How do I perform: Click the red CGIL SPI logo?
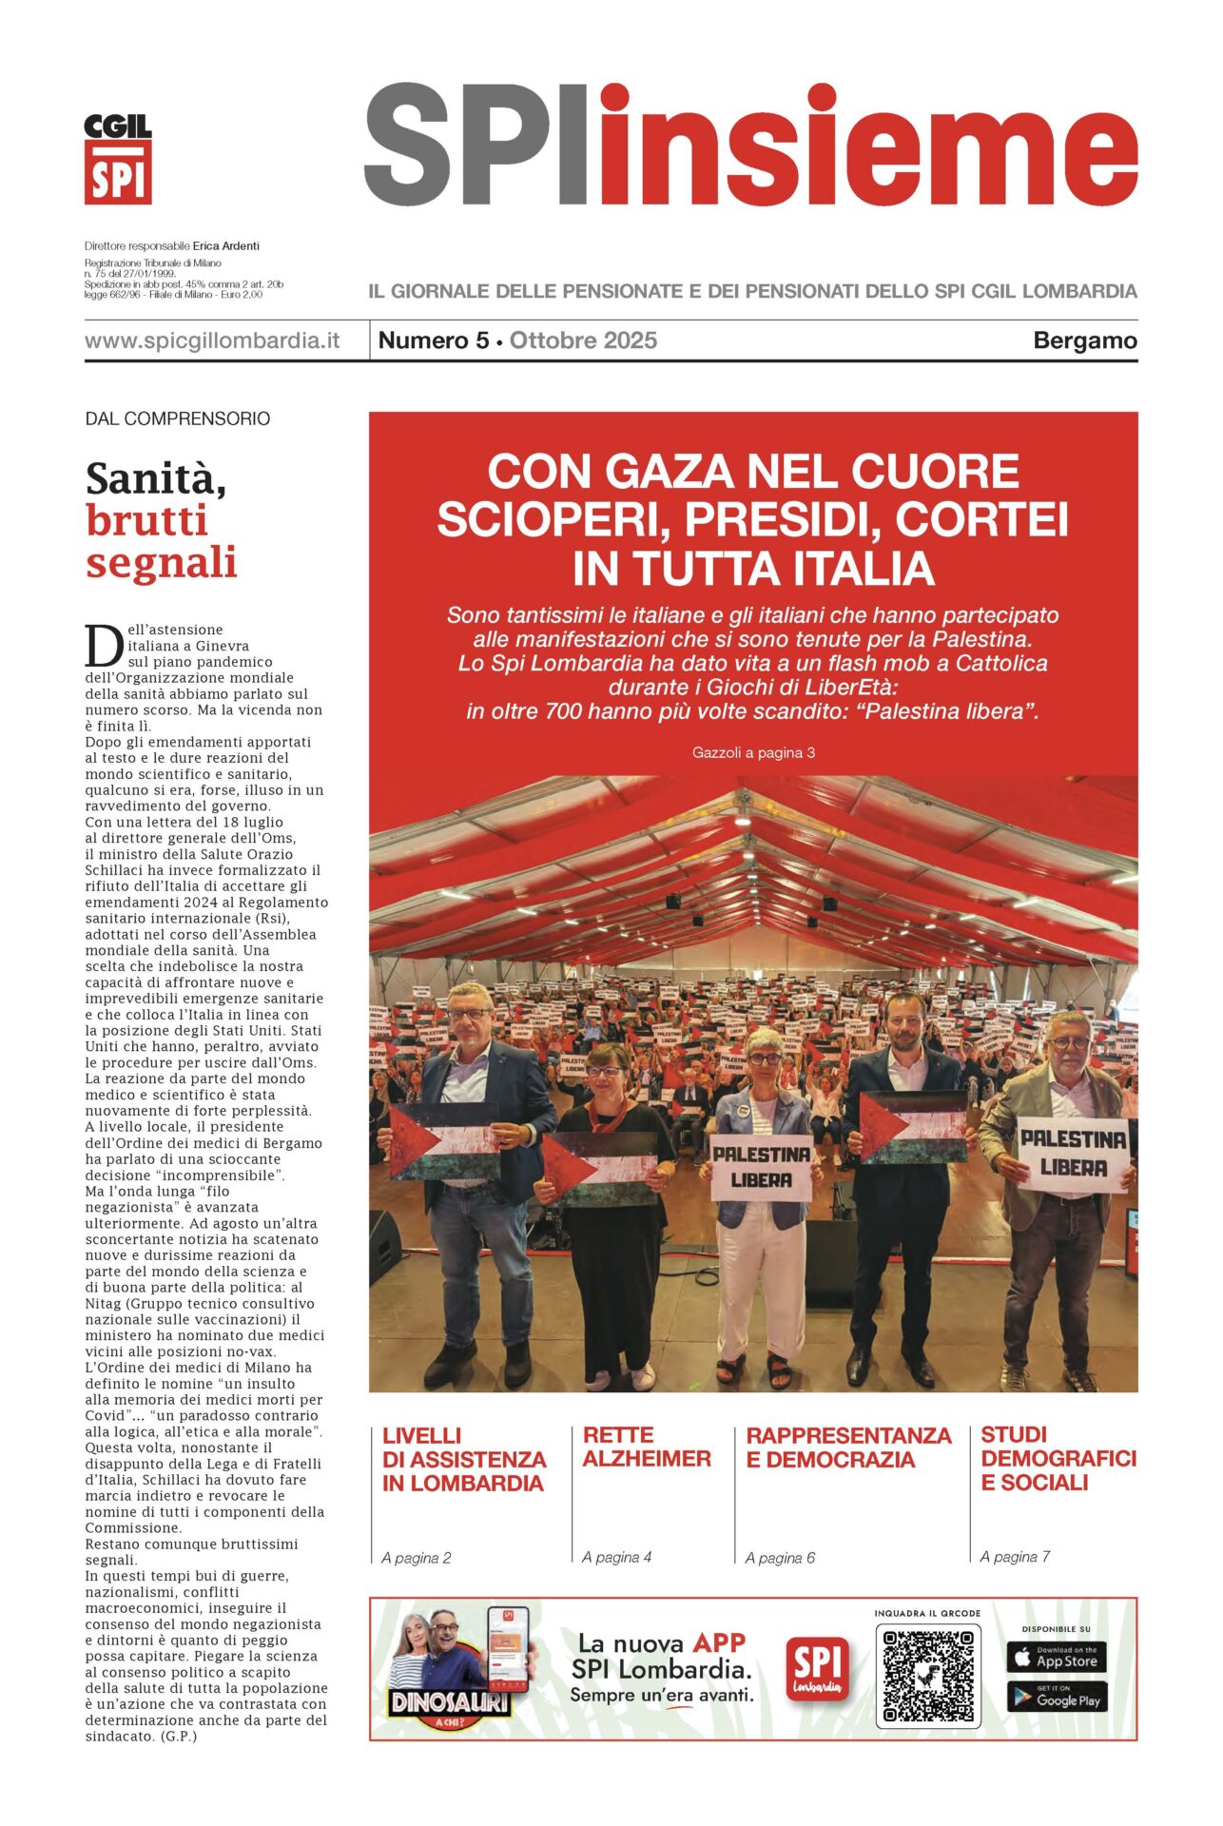pos(118,160)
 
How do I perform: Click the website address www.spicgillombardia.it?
pos(212,340)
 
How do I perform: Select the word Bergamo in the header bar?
pos(1084,340)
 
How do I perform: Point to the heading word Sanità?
pos(156,478)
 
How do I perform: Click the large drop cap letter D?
pos(103,646)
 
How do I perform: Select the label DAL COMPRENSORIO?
pos(178,418)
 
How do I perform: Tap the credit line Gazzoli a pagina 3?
pos(753,752)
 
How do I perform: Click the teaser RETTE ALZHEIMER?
pos(647,1447)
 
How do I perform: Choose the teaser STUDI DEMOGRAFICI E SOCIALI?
pos(1058,1458)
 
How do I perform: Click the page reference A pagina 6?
pos(780,1558)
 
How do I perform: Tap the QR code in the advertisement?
pos(927,1677)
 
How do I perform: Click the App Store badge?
pos(1056,1657)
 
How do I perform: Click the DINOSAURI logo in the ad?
pos(449,1701)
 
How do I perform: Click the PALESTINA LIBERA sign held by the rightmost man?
pos(1072,1153)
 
